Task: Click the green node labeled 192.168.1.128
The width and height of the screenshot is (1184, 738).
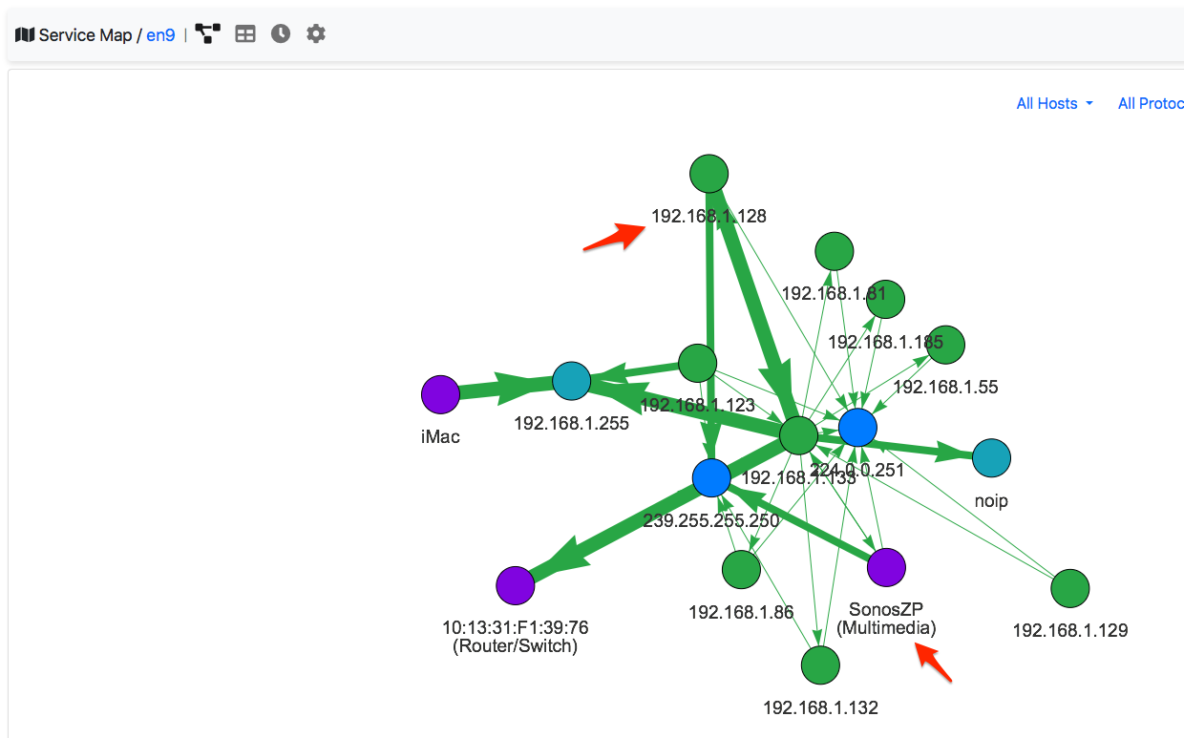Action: (708, 174)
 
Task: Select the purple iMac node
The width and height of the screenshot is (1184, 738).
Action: (440, 394)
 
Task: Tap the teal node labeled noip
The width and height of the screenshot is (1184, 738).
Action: (991, 458)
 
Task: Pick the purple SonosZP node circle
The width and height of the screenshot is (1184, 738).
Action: (886, 567)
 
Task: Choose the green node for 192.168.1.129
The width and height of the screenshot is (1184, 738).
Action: (1069, 588)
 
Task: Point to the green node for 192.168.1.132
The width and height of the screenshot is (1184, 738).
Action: (819, 665)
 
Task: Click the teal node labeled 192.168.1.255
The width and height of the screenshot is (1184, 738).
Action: (571, 381)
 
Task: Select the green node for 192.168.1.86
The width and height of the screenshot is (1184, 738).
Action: (741, 570)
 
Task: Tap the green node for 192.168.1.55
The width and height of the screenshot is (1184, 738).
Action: (945, 344)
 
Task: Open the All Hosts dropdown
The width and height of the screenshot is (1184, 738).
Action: (1054, 103)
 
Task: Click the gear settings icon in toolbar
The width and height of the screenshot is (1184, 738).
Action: (316, 34)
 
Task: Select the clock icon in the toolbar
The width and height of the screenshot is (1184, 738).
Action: (280, 34)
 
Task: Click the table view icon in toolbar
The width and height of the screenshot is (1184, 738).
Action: (245, 34)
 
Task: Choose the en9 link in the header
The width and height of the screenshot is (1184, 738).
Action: (160, 35)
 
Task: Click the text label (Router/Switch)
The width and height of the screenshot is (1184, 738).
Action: (515, 646)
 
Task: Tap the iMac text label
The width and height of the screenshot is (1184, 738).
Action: (440, 437)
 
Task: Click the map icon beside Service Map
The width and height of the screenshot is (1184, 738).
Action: (25, 35)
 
